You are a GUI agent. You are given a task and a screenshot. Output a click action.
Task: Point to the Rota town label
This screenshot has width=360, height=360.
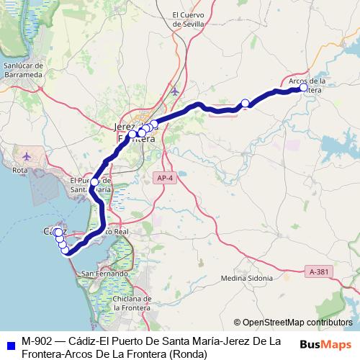pos(21,170)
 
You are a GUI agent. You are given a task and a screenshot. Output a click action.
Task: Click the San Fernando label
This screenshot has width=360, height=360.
pos(104,274)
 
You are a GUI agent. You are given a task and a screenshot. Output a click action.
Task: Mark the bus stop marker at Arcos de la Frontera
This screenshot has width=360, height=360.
pos(303,88)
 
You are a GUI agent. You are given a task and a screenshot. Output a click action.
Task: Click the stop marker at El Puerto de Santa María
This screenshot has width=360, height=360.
pos(94,182)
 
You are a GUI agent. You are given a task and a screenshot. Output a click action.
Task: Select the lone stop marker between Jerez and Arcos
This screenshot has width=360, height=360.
pos(245,103)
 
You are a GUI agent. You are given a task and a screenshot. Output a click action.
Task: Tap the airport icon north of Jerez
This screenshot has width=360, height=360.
pos(175,91)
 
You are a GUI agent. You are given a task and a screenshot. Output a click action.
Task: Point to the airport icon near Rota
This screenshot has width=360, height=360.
pos(27,156)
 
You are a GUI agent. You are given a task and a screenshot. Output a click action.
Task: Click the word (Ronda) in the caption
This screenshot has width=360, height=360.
pos(188,354)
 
